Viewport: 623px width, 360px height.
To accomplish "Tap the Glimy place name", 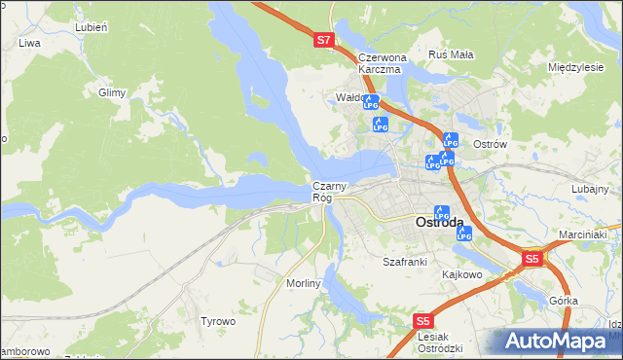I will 113,92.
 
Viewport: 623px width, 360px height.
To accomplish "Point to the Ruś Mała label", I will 451,54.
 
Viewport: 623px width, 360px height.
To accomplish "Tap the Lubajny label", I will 590,189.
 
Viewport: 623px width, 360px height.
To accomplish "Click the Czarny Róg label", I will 327,192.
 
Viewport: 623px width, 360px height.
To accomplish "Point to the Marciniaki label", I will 583,234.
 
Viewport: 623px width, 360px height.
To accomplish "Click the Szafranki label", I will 405,262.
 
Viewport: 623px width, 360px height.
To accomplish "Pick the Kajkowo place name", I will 462,275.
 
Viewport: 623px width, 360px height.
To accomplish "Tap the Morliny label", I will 304,282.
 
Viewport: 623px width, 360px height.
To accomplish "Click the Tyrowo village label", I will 218,321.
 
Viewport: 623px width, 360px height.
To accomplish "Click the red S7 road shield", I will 325,40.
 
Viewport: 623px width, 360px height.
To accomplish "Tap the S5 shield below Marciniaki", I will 531,259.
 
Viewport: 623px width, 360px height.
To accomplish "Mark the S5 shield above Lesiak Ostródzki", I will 422,320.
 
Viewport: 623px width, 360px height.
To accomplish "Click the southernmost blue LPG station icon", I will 464,234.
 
